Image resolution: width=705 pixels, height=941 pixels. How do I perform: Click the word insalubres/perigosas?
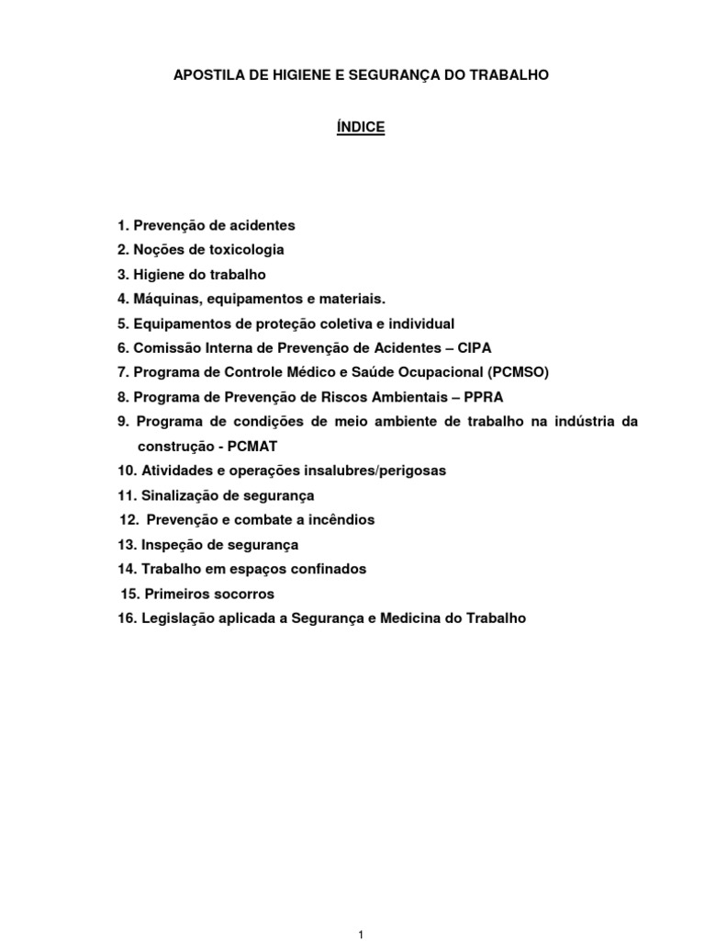[374, 470]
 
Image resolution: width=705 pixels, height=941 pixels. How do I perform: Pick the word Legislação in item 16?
[180, 618]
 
